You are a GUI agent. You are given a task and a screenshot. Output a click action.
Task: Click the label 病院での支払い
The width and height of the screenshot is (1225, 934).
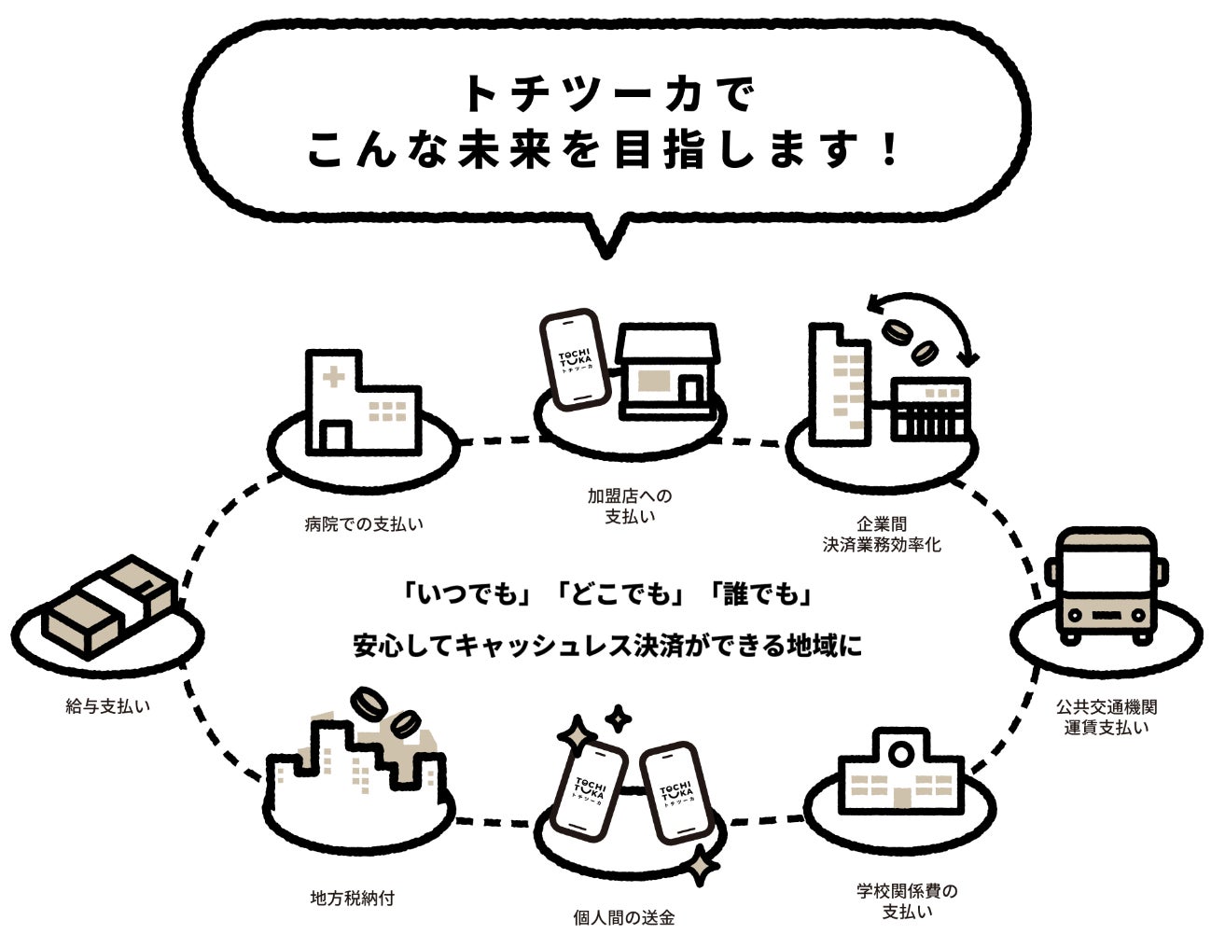tap(364, 524)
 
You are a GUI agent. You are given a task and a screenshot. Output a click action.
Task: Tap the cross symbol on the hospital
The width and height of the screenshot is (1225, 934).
tap(332, 378)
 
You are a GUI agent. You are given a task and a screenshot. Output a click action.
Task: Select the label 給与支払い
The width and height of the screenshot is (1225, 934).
tap(108, 706)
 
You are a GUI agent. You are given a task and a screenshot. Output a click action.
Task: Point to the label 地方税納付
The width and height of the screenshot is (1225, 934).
tap(353, 899)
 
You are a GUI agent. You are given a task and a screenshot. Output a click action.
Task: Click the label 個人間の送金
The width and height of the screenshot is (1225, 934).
tap(623, 918)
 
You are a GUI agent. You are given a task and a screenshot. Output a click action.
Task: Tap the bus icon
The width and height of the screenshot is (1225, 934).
tap(1106, 587)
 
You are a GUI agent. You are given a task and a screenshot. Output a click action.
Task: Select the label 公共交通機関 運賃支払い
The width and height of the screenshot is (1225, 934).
tap(1107, 718)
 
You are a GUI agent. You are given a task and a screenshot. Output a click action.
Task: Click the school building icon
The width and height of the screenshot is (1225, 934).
tap(899, 774)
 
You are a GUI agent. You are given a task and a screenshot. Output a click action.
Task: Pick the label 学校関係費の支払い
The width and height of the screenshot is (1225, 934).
tap(908, 900)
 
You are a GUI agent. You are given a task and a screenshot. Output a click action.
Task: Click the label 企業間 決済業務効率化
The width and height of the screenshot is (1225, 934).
tap(882, 535)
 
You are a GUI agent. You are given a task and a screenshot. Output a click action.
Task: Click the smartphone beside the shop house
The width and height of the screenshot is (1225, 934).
tap(574, 359)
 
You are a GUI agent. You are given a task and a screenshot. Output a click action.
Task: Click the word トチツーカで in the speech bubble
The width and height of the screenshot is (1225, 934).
tap(606, 94)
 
